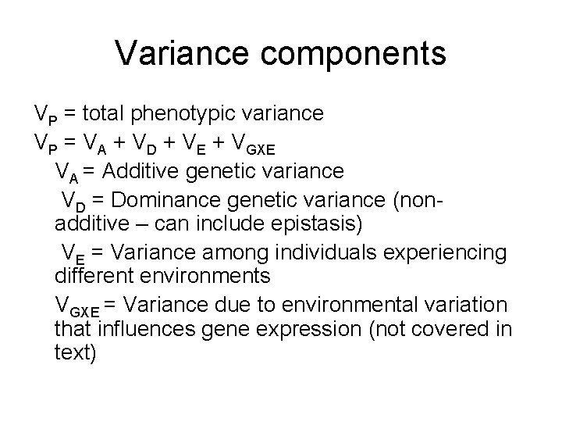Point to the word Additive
click(140, 170)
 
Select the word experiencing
click(445, 253)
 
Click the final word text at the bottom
click(76, 353)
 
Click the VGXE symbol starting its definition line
click(75, 305)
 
